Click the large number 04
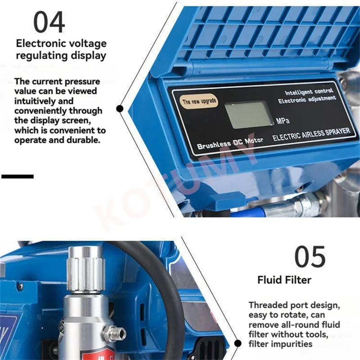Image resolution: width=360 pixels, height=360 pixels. coord(49,22)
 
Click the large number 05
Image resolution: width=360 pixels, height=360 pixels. coord(310,257)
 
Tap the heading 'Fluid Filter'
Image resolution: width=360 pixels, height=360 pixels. coord(284,280)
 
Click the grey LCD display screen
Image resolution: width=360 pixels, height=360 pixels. coord(248,114)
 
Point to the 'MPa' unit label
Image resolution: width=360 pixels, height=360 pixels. coord(283,121)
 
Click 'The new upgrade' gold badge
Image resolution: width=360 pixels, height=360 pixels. coord(199,101)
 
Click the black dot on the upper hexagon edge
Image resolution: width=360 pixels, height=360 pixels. coord(120,108)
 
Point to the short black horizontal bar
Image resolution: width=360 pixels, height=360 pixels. coord(18,176)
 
